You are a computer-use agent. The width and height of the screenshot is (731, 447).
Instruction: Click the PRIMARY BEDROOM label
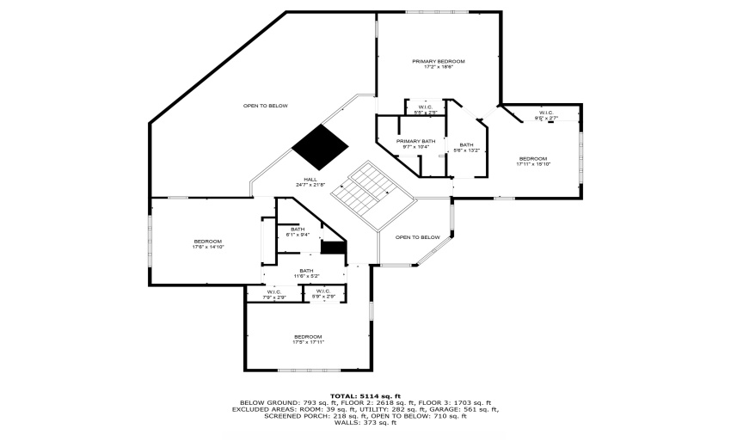point(439,61)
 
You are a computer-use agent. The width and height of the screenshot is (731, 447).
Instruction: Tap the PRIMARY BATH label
point(415,141)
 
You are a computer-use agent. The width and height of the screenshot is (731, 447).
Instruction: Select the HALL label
point(310,179)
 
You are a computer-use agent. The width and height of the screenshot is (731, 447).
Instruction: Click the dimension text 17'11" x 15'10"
point(532,164)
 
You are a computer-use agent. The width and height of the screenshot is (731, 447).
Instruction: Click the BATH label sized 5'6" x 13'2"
point(466,144)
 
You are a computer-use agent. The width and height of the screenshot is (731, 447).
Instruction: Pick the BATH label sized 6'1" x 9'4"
point(298,229)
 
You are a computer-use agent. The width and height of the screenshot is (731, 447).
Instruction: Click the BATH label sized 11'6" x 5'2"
point(306,271)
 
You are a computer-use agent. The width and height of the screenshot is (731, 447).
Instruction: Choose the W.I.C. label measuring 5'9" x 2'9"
point(323,291)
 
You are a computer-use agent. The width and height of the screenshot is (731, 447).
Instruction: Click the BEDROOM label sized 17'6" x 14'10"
point(208,241)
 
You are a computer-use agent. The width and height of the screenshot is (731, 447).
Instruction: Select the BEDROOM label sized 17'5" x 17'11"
point(308,336)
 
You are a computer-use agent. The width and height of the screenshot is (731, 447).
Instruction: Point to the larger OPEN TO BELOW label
point(265,106)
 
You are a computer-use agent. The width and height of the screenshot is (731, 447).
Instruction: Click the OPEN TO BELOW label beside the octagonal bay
point(417,237)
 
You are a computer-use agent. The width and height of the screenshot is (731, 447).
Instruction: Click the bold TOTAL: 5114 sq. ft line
point(365,395)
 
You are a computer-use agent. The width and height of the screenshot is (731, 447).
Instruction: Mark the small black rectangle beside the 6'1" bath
point(333,248)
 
